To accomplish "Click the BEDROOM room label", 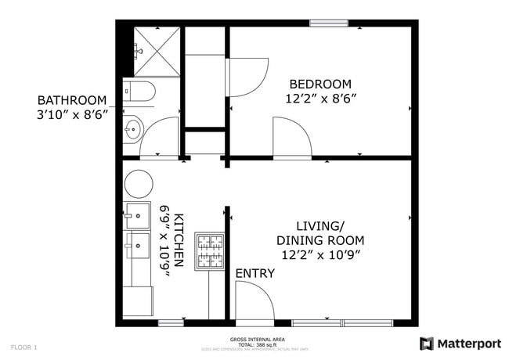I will pyautogui.click(x=320, y=84).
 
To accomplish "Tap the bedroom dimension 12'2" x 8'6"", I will pyautogui.click(x=320, y=99).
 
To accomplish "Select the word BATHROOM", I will pyautogui.click(x=72, y=100).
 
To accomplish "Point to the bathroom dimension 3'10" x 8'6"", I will pyautogui.click(x=72, y=114).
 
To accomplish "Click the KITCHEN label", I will pyautogui.click(x=179, y=241).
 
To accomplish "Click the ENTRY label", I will pyautogui.click(x=254, y=273).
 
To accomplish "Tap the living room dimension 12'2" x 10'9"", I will pyautogui.click(x=320, y=254).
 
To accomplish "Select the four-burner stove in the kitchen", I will pyautogui.click(x=209, y=250).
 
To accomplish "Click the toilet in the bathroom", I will pyautogui.click(x=139, y=92).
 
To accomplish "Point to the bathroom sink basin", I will pyautogui.click(x=133, y=128).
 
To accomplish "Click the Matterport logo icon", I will pyautogui.click(x=427, y=343).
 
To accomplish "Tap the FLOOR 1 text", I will pyautogui.click(x=23, y=346).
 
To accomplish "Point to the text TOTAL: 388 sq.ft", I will pyautogui.click(x=251, y=344).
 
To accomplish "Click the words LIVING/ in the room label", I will pyautogui.click(x=320, y=225).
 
